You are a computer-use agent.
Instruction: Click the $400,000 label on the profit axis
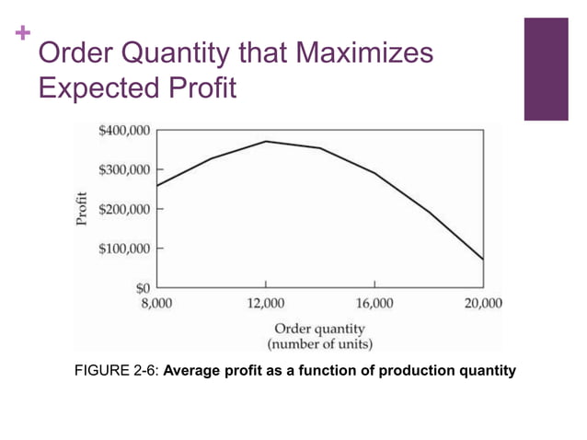pyautogui.click(x=123, y=131)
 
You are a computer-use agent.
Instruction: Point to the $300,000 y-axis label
pyautogui.click(x=123, y=170)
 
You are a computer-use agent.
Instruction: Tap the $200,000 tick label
pyautogui.click(x=123, y=210)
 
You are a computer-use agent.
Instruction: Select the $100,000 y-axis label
pyautogui.click(x=123, y=249)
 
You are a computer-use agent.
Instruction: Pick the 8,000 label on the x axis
pyautogui.click(x=156, y=303)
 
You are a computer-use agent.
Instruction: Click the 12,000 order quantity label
pyautogui.click(x=266, y=303)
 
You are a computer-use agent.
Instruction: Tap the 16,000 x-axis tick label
pyautogui.click(x=374, y=303)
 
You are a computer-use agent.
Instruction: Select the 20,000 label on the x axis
pyautogui.click(x=483, y=303)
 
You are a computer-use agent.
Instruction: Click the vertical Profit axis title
pyautogui.click(x=82, y=209)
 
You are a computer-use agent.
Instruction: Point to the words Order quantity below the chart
pyautogui.click(x=318, y=329)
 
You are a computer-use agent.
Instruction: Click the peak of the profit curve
pyautogui.click(x=266, y=141)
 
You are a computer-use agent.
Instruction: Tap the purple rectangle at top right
pyautogui.click(x=546, y=69)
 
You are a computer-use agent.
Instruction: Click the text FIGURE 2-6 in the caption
pyautogui.click(x=121, y=371)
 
